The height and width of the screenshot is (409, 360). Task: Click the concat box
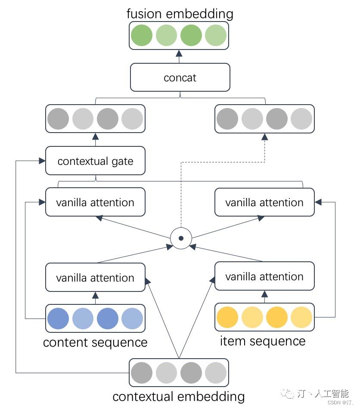tap(180, 78)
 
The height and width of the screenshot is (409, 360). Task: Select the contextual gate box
tap(95, 161)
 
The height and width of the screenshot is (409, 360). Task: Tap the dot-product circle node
tap(181, 238)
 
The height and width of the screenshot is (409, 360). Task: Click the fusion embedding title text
tap(180, 13)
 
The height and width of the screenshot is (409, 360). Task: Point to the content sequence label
tap(95, 343)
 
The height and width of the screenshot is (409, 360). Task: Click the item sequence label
tap(263, 341)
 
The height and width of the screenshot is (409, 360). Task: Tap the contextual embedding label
tap(179, 397)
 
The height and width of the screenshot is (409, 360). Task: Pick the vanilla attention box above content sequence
tap(95, 278)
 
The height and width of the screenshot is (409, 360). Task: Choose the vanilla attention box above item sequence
tap(264, 276)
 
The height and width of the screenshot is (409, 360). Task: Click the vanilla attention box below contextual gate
tap(95, 202)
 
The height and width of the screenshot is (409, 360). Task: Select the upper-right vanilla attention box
tap(264, 202)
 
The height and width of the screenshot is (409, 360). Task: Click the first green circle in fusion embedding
tap(142, 35)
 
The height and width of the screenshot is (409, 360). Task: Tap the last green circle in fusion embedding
tap(216, 35)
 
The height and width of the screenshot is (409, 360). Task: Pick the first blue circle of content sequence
tap(58, 319)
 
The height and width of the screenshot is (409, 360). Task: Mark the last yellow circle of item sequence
tap(301, 317)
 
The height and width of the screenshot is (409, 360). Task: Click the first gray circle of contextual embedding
tap(142, 373)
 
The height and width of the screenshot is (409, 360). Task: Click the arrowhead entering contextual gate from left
tap(42, 161)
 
